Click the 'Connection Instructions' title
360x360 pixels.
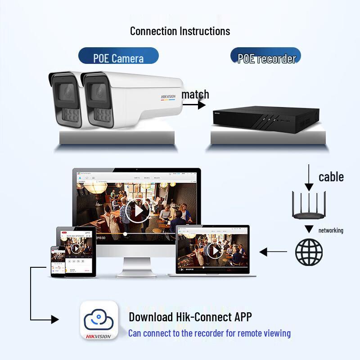[180, 31]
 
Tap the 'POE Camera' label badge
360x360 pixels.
[118, 58]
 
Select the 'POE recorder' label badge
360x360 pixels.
[266, 58]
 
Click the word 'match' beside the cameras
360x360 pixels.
[195, 94]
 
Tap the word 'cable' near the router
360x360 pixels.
[331, 177]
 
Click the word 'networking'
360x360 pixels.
[331, 230]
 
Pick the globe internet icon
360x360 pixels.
[309, 252]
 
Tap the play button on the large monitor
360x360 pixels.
[137, 210]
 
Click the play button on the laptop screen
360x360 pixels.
[215, 250]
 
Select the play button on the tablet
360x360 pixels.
[76, 248]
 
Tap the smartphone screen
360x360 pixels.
[58, 261]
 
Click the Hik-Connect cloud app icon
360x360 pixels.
[99, 320]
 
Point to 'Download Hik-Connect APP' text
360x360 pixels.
[190, 317]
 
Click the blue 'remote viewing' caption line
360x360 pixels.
[209, 333]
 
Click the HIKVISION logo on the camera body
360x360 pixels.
[168, 97]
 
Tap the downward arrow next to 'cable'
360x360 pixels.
[309, 178]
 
